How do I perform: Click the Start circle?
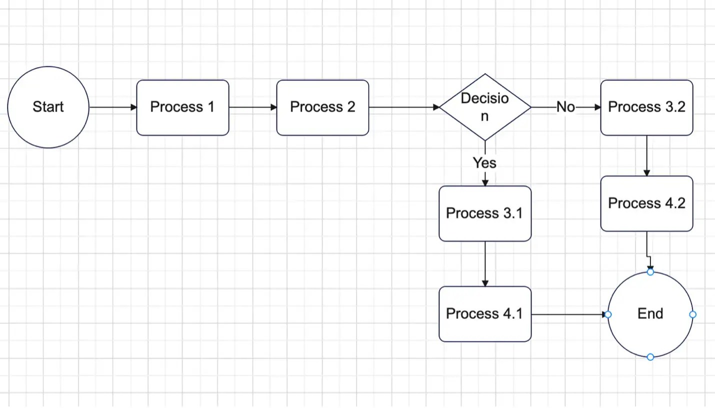[48, 107]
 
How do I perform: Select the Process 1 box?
[182, 107]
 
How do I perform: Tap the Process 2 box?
[322, 107]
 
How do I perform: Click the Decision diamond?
[484, 107]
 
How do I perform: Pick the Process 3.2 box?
[646, 107]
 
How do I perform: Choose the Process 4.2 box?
[646, 203]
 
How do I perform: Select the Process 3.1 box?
[484, 213]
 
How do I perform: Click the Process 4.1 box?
[484, 314]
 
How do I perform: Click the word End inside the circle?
[650, 314]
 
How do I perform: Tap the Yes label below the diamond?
[484, 163]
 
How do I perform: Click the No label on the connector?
[565, 107]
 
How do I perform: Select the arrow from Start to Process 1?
[112, 107]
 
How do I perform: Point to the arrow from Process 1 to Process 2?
[252, 107]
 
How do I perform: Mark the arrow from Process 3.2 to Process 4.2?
[646, 156]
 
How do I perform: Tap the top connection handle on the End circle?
[650, 272]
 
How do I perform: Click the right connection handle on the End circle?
[692, 314]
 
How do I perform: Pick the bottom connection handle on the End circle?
[650, 357]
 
